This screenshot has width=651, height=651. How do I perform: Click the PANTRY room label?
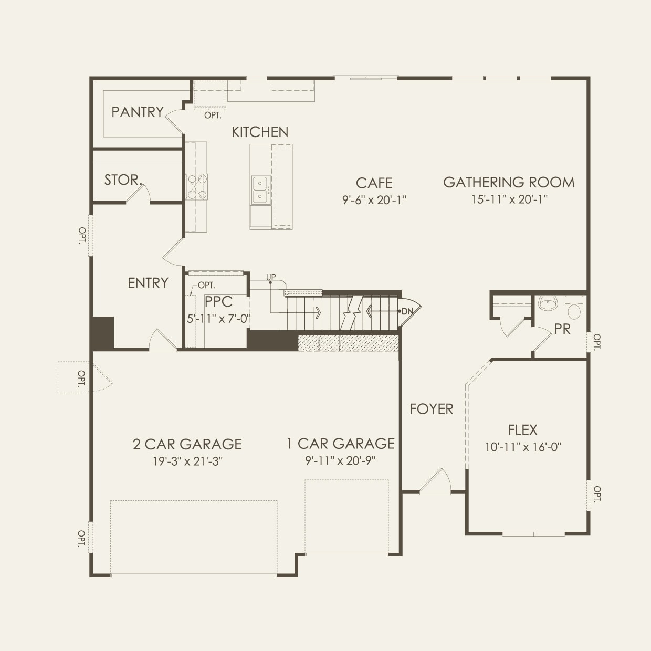click(x=138, y=112)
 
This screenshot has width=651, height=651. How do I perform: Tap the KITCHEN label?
click(x=260, y=132)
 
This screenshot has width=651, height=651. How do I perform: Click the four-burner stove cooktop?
click(x=196, y=187)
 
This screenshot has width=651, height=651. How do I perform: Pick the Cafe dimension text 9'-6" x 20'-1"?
click(x=374, y=199)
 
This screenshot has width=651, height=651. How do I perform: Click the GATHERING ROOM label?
click(x=509, y=182)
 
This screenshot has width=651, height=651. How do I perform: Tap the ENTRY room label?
click(x=148, y=283)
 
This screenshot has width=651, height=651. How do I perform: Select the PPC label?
click(x=218, y=302)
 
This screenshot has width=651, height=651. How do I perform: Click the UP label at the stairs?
click(x=271, y=277)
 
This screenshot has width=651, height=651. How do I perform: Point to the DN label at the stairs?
click(x=407, y=311)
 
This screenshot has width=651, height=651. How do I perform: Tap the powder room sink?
click(x=548, y=303)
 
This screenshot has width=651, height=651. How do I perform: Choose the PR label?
click(x=562, y=329)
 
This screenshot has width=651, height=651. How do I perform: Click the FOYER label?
click(x=432, y=409)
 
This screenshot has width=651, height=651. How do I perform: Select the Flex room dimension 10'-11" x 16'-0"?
click(x=523, y=447)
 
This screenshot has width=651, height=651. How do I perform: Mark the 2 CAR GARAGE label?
click(x=187, y=445)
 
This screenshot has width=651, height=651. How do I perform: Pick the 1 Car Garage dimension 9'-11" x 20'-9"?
click(x=341, y=460)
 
